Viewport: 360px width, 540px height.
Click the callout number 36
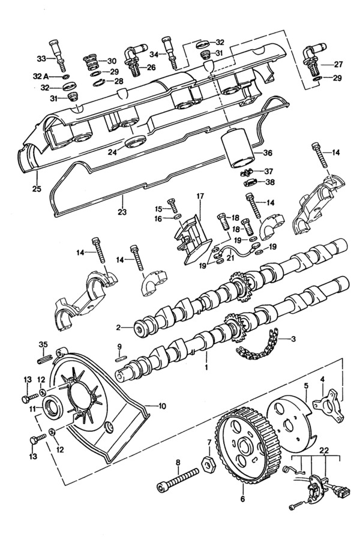[x=268, y=153]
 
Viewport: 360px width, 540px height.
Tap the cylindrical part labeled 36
[x=238, y=148]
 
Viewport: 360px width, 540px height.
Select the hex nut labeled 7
[x=208, y=464]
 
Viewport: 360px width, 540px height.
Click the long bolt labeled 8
[x=178, y=480]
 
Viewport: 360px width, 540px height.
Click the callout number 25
[x=37, y=189]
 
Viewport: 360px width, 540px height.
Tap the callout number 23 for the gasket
[x=122, y=212]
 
